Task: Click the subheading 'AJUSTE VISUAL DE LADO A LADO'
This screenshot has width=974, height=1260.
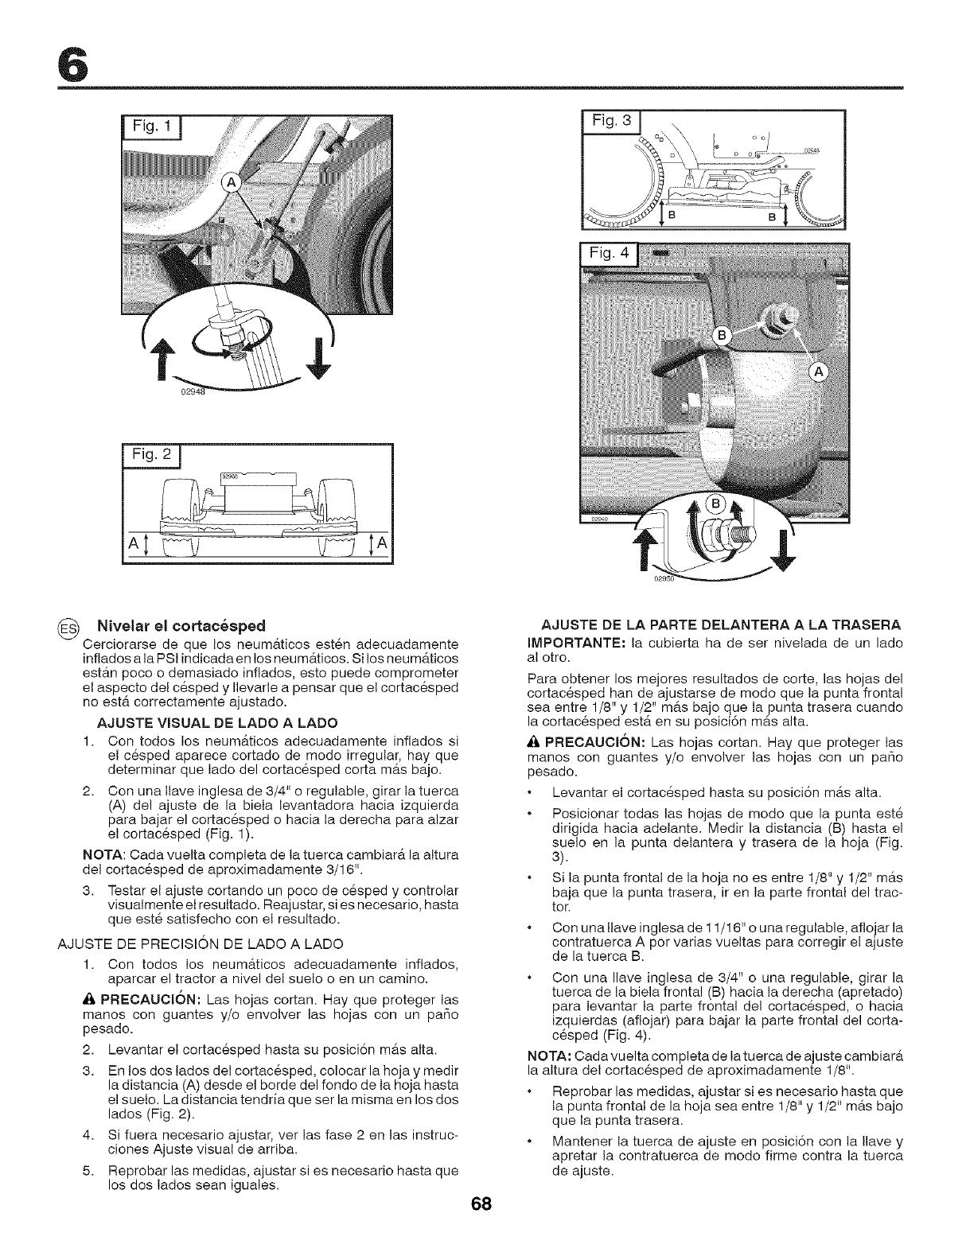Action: click(216, 722)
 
